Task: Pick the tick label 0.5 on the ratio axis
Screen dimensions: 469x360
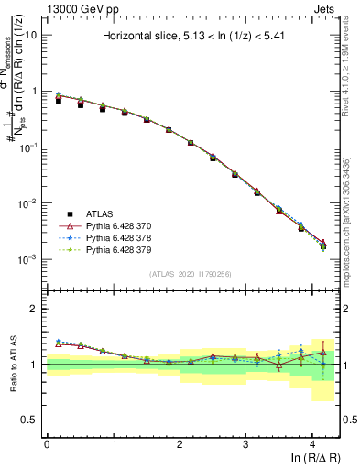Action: (x=31, y=420)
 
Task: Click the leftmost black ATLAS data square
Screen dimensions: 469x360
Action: (x=59, y=101)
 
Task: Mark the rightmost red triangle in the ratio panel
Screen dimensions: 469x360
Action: (x=322, y=352)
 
